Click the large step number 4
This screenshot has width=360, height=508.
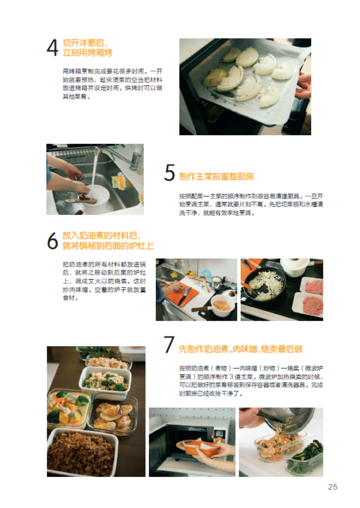[53, 48]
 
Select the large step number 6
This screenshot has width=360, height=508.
[53, 241]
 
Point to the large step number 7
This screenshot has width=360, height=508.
[169, 344]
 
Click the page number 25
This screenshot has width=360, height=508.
[333, 487]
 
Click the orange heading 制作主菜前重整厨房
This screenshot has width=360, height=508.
[216, 176]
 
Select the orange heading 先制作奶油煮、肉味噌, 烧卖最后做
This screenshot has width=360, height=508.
[241, 349]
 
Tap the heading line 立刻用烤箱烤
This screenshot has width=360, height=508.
[87, 53]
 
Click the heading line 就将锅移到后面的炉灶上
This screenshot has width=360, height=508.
[108, 246]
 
